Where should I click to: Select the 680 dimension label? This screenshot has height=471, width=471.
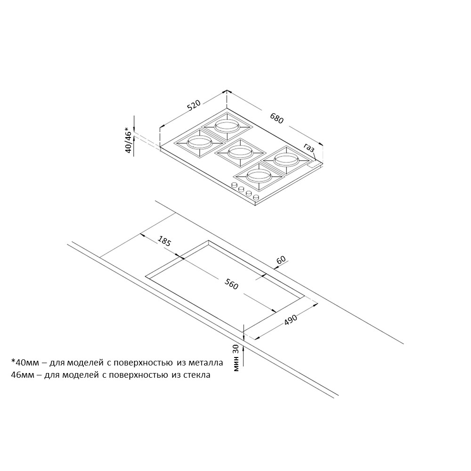pos(276,118)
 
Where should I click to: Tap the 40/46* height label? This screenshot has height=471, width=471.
pos(129,140)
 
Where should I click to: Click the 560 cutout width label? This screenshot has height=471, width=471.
pos(231,284)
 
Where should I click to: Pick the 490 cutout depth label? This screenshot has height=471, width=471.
pos(291,320)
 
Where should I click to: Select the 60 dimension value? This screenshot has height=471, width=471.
pos(281,260)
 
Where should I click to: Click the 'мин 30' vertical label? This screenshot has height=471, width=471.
pos(236,358)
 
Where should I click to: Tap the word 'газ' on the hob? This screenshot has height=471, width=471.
pos(309,148)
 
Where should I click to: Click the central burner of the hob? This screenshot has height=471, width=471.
pos(240,152)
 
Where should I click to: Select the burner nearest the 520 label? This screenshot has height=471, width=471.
pos(227,126)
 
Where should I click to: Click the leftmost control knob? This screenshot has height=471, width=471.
pos(234,185)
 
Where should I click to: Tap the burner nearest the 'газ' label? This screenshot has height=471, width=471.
pos(286,160)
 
